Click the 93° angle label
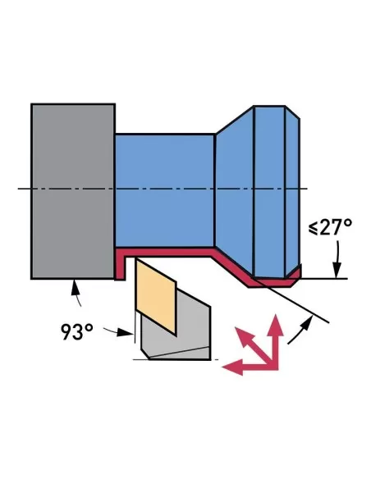[77, 331]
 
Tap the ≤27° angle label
[330, 227]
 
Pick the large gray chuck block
[72, 190]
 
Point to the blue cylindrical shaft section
[164, 189]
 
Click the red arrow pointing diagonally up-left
[250, 340]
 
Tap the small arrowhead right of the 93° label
[128, 334]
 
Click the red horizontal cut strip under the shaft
[164, 250]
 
